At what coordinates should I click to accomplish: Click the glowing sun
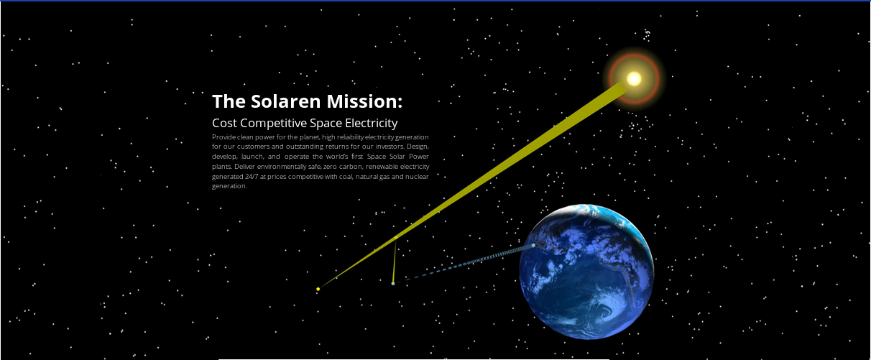click(x=634, y=78)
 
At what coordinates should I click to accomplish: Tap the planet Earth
click(x=586, y=272)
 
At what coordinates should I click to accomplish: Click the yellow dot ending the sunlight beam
click(x=318, y=289)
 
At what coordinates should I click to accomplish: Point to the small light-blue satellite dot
click(x=393, y=284)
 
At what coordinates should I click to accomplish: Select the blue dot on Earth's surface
click(x=533, y=245)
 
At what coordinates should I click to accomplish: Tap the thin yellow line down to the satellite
click(x=395, y=260)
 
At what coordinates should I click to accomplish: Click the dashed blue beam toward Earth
click(x=467, y=264)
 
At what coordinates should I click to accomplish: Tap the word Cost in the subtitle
click(x=225, y=123)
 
